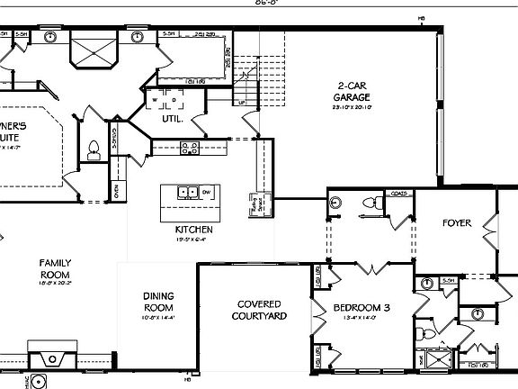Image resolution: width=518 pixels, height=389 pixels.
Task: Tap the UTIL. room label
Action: coord(174,118)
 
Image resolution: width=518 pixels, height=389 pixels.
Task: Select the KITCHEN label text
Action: coord(194,231)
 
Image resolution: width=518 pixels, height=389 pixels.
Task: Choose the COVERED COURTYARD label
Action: coord(258,310)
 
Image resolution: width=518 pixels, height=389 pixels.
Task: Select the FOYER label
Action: coord(456,222)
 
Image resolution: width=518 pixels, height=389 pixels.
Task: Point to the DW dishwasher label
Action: coord(206,193)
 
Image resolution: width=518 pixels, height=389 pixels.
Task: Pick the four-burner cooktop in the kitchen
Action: coord(190,147)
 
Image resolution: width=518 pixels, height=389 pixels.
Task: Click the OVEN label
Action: coord(117,190)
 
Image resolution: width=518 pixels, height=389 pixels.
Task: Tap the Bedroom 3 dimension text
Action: coord(362,319)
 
